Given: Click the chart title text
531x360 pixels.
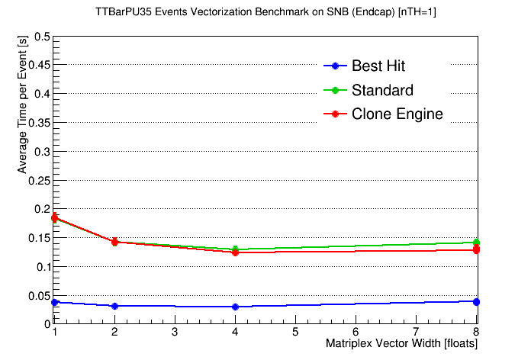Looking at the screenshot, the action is (x=265, y=12).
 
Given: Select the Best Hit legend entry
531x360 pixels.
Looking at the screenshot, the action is (x=365, y=66).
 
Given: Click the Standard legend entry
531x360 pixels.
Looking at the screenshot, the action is (x=368, y=90).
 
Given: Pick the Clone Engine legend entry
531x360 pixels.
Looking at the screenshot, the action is (x=383, y=114).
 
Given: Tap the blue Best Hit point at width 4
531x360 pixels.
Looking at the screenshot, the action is (x=235, y=307).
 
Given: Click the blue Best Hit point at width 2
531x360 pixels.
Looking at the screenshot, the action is (x=114, y=306).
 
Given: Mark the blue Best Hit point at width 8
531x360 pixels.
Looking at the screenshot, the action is (x=476, y=302).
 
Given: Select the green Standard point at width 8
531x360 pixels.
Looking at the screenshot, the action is (x=476, y=242).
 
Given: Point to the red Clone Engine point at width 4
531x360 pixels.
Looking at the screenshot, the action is (x=235, y=252).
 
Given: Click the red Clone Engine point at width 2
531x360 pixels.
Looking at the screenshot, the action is (x=114, y=242).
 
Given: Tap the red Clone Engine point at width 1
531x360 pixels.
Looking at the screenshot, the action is (x=54, y=218).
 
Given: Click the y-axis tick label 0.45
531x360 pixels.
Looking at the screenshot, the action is (x=39, y=65).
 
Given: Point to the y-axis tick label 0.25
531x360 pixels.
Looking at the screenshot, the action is (x=39, y=181).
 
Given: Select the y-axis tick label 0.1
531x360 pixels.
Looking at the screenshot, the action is (x=43, y=267).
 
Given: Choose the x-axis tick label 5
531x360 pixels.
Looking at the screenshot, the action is (x=295, y=332).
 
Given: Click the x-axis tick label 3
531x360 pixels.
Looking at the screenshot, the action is (x=175, y=332).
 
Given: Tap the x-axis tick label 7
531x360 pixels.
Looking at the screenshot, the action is (x=416, y=332).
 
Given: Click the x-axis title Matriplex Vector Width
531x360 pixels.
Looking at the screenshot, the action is (x=383, y=343).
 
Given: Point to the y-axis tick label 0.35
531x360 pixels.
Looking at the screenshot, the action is (x=39, y=123).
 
